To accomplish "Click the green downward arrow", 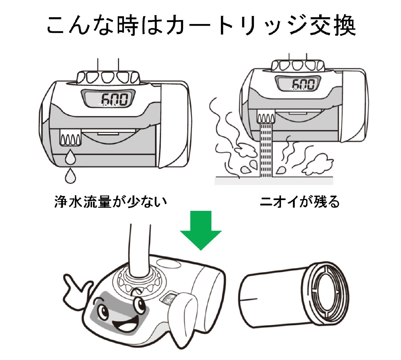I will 200,233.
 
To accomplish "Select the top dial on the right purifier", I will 297,65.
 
